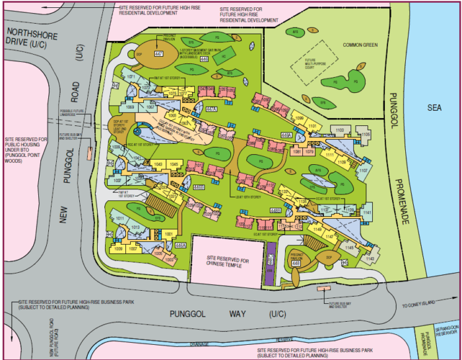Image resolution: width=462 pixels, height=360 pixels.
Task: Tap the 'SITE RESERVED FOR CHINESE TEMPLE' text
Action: tap(227, 261)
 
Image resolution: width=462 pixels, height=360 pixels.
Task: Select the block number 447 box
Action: tap(158, 53)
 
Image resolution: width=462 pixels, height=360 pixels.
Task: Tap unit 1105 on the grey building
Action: tap(365, 135)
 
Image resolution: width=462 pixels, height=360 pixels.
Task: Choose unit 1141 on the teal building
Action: tap(367, 212)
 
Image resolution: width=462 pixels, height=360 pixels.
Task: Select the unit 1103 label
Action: tap(340, 131)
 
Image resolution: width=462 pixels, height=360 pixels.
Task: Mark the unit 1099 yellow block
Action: tap(298, 119)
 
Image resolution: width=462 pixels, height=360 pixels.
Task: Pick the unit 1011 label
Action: tap(120, 218)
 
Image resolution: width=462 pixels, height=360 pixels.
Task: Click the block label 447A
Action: tap(211, 109)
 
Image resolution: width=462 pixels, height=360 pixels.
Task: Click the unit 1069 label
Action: tap(130, 106)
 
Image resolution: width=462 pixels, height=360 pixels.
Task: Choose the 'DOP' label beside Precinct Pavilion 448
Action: tap(328, 256)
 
